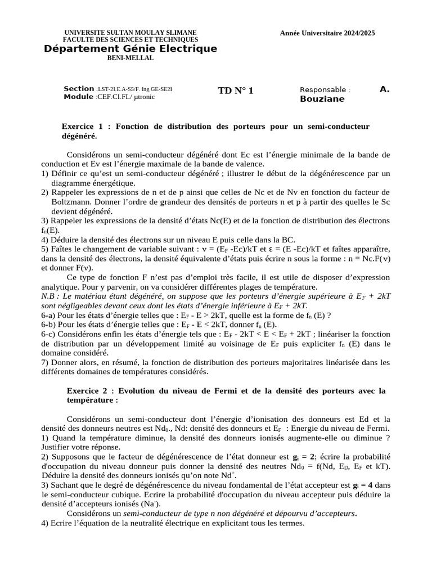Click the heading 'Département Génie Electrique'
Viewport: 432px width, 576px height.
tap(130, 49)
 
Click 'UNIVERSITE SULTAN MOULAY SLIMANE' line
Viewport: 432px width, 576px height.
tap(130, 33)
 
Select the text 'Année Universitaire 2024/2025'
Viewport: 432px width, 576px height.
tap(327, 33)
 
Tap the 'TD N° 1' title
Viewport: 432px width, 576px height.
tap(236, 91)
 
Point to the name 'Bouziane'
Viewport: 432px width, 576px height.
tap(322, 99)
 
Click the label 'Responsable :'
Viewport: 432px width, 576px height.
tap(325, 89)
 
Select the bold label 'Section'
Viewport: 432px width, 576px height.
tap(79, 89)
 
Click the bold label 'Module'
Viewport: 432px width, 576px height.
tap(79, 97)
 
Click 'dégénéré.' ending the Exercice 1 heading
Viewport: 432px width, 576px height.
tap(79, 136)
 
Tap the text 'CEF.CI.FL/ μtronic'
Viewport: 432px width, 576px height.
tap(125, 97)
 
